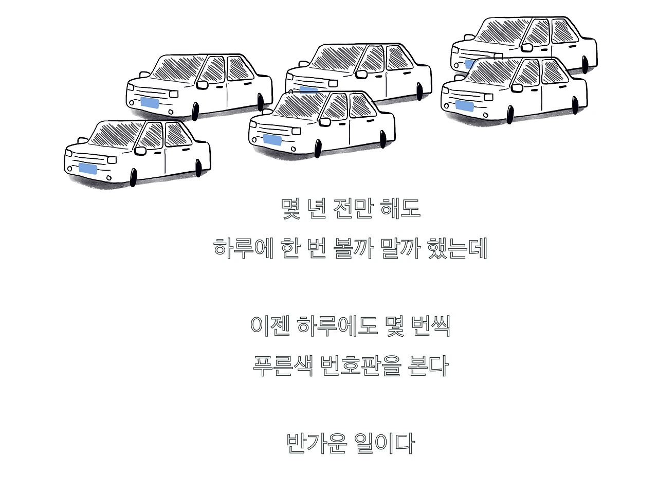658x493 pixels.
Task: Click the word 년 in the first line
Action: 317,209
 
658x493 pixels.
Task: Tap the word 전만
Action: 352,209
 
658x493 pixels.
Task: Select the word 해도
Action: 400,209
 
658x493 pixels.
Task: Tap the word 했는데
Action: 457,248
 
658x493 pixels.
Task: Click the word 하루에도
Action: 337,325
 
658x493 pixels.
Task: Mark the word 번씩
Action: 431,325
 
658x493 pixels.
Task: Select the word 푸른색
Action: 282,366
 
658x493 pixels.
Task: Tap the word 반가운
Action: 317,443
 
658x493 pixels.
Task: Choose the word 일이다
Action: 384,443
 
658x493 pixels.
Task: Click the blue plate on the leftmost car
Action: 87,169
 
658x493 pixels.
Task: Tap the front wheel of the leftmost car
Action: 134,177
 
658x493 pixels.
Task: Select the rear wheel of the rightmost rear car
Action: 585,64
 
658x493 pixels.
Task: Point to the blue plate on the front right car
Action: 464,106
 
